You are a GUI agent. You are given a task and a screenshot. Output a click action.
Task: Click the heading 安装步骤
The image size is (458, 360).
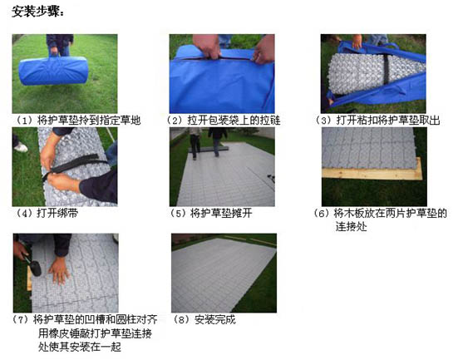click(38, 12)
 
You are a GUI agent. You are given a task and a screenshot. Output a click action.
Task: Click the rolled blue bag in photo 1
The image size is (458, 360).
click(53, 71)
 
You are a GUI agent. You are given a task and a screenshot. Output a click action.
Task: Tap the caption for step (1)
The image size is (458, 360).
click(78, 120)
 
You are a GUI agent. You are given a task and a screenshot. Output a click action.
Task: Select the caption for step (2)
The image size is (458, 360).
click(224, 120)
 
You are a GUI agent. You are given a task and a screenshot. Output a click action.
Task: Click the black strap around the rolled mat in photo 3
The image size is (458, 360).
click(387, 70)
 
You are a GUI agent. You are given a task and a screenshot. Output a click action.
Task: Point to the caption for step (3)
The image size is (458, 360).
click(377, 120)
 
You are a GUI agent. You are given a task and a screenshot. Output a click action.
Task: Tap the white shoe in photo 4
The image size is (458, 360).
click(21, 147)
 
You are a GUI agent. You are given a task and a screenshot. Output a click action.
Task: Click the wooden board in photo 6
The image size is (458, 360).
click(372, 173)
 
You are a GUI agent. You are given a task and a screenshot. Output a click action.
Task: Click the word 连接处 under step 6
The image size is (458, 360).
click(351, 227)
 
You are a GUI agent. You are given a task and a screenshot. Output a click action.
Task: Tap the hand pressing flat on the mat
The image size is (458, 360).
click(59, 270)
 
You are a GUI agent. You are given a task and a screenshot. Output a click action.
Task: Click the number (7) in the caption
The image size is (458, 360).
click(21, 319)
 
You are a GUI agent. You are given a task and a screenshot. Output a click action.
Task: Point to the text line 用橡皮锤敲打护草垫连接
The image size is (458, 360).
click(96, 333)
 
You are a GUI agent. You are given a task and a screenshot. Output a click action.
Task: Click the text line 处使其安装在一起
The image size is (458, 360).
click(80, 348)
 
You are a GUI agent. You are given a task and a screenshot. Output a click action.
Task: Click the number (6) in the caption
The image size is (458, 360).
click(322, 214)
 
